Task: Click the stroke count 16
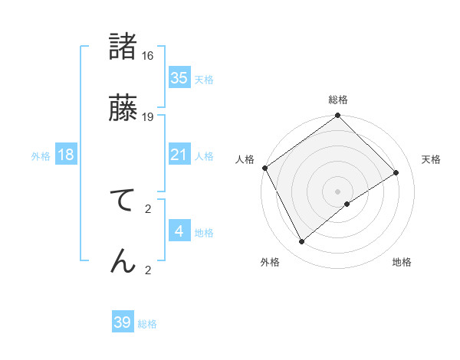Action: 148,56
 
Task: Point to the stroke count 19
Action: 148,116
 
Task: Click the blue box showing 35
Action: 179,78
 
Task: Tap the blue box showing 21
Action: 179,155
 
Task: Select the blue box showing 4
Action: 179,231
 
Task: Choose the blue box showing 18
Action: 66,155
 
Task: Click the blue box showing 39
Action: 123,322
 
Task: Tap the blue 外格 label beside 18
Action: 41,156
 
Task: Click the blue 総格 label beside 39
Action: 147,324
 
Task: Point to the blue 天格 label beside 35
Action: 204,79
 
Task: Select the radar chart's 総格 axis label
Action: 338,100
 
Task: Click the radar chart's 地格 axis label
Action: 402,262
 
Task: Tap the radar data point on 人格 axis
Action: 264,168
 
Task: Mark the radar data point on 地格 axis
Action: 347,204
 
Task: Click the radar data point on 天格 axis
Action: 396,173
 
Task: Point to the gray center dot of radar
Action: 337,191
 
